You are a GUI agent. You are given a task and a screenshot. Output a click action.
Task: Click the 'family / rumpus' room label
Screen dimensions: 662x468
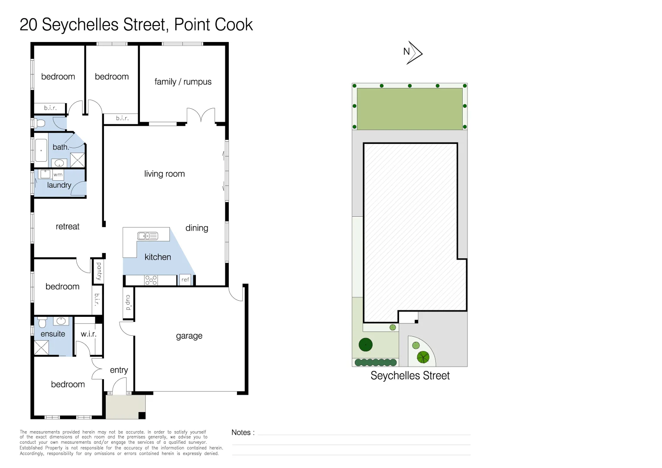pyautogui.click(x=183, y=81)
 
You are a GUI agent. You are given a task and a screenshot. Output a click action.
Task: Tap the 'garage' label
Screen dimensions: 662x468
pyautogui.click(x=189, y=336)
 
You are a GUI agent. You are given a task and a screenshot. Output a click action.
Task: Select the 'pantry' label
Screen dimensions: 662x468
pyautogui.click(x=99, y=271)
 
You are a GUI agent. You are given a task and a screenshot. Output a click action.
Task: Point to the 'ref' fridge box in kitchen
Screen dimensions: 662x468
pyautogui.click(x=185, y=279)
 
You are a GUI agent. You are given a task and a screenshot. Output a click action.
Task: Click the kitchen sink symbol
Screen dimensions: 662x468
pyautogui.click(x=148, y=236)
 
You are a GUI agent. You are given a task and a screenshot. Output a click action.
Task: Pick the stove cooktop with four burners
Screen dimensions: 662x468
pyautogui.click(x=151, y=280)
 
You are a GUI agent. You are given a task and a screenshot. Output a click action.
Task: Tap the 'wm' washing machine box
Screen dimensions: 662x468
pyautogui.click(x=58, y=175)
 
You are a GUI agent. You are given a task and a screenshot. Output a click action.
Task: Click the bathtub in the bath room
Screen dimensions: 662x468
pyautogui.click(x=41, y=150)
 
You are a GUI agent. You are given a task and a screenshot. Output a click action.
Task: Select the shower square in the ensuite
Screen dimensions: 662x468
pyautogui.click(x=42, y=348)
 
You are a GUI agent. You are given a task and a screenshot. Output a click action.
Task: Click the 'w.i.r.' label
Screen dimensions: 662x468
pyautogui.click(x=89, y=334)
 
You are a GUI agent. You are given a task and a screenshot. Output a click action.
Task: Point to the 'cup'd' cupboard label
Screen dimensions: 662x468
pyautogui.click(x=129, y=302)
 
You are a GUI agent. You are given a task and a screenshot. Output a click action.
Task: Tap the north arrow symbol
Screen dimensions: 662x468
pyautogui.click(x=413, y=52)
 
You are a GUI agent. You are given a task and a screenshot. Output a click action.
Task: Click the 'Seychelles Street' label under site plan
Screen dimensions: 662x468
pyautogui.click(x=410, y=375)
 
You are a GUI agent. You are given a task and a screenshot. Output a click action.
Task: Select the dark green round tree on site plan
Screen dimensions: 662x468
pyautogui.click(x=366, y=345)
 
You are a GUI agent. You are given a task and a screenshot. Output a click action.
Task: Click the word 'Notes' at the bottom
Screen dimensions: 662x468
pyautogui.click(x=241, y=432)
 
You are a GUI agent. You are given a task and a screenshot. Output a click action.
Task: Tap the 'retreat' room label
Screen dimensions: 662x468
pyautogui.click(x=68, y=227)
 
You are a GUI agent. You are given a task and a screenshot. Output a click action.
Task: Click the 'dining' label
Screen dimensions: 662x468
pyautogui.click(x=197, y=228)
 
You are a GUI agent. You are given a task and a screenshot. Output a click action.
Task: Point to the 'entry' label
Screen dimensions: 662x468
pyautogui.click(x=119, y=370)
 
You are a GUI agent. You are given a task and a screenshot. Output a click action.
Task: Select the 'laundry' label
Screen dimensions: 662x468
pyautogui.click(x=59, y=185)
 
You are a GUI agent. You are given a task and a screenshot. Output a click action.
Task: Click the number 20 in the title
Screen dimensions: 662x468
pyautogui.click(x=28, y=25)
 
